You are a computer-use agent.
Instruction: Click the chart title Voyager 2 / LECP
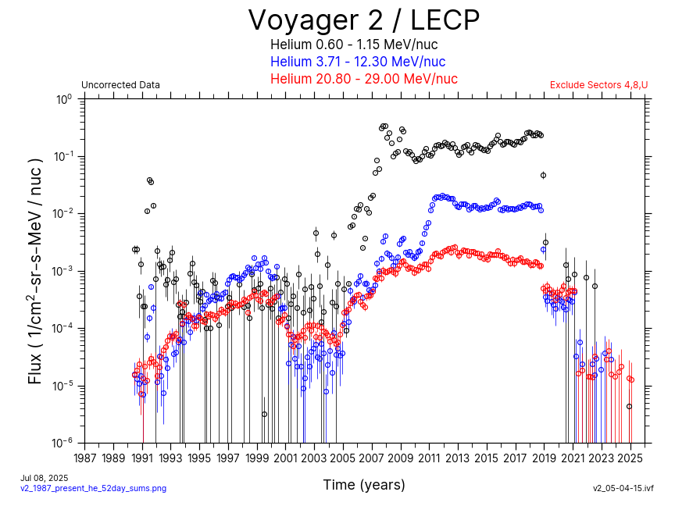tap(363, 20)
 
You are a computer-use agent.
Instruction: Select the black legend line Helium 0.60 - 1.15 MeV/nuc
tap(363, 45)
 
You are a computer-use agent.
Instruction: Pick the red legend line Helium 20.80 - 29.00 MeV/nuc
tap(363, 79)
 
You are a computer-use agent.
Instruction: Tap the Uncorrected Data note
tap(120, 85)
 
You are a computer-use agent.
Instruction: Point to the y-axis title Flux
tap(35, 270)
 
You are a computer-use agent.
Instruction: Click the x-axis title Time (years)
tap(364, 485)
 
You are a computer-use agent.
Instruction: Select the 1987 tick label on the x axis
tap(85, 458)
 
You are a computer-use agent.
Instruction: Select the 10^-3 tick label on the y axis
tap(62, 271)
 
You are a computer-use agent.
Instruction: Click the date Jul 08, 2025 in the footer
tap(44, 478)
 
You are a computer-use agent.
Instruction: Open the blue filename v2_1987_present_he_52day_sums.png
tap(93, 488)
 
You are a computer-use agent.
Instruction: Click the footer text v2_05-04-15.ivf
tap(623, 488)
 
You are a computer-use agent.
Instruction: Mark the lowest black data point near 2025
tap(629, 407)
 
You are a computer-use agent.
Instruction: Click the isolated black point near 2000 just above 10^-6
tap(265, 414)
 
